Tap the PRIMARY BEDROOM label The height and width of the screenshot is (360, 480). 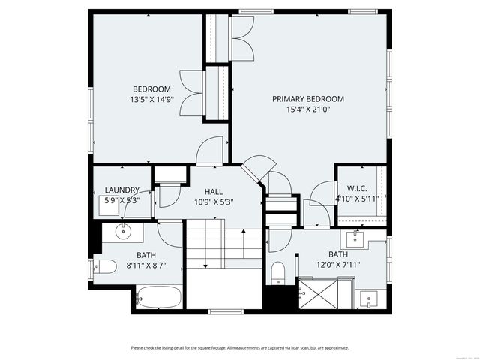coord(307,99)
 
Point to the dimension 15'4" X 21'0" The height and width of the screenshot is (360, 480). coord(307,109)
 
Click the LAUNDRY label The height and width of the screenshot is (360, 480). coord(121,190)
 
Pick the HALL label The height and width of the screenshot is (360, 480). coord(214,191)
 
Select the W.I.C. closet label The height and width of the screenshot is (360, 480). coord(355,188)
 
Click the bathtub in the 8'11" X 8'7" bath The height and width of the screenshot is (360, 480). coord(158,297)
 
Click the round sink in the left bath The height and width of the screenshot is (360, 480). coord(124,232)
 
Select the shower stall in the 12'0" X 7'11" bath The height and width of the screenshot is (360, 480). coord(324,293)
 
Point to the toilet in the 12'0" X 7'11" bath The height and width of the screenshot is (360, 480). coord(278,272)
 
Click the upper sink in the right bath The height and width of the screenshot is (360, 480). coord(355,239)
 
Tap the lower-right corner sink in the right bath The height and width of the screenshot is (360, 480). coord(368,298)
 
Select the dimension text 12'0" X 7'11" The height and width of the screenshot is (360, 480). coord(338,264)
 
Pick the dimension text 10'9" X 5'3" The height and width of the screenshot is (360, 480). coord(214,201)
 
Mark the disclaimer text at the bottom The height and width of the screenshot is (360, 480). coord(240,347)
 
